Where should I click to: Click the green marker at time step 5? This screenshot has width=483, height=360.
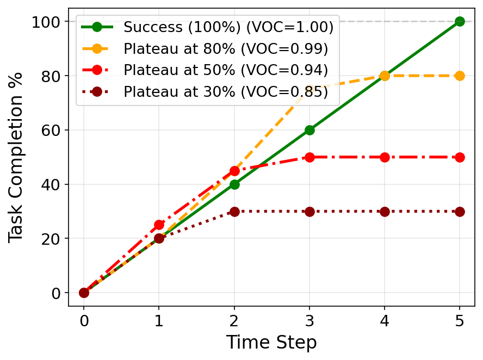pos(460,21)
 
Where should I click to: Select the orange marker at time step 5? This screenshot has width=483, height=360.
pos(460,76)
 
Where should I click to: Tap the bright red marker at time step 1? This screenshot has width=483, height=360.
pos(159,225)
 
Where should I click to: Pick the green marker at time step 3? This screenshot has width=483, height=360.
pos(309,130)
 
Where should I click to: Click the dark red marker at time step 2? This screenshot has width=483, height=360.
pos(234,212)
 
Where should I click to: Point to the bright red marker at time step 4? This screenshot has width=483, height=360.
pos(385,157)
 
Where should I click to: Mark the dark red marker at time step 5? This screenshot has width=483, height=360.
pos(460,212)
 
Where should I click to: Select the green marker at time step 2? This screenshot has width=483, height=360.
pos(234,184)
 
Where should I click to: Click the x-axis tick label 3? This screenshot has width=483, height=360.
pos(309,321)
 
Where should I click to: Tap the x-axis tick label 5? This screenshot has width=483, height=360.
pos(460,321)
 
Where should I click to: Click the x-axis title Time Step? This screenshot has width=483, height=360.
pos(271,343)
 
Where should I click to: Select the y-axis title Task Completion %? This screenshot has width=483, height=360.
pos(16,157)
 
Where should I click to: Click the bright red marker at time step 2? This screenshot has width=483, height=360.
pos(234,171)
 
